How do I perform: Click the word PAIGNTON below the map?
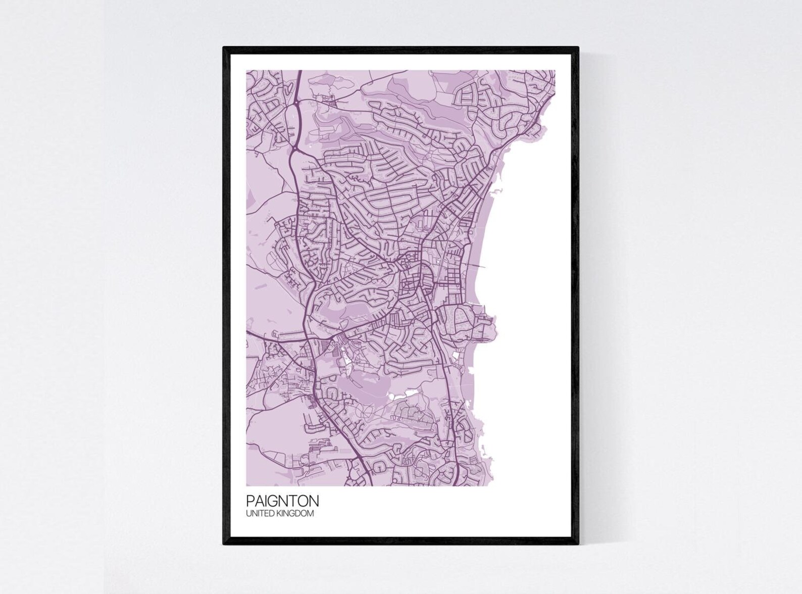pos(282,501)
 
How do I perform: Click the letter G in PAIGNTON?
pos(270,501)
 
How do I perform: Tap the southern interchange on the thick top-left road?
pos(294,150)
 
